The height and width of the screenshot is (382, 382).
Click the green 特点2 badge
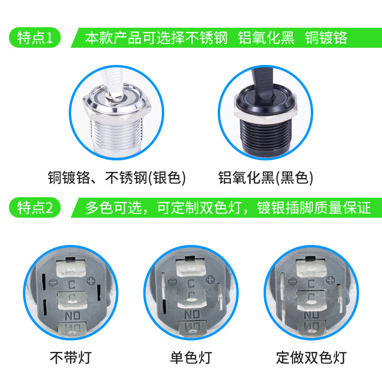pyautogui.click(x=34, y=208)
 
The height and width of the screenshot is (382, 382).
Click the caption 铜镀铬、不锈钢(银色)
pyautogui.click(x=117, y=178)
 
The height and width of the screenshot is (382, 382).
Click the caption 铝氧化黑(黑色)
pyautogui.click(x=266, y=178)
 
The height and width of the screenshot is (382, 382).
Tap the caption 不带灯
pyautogui.click(x=70, y=357)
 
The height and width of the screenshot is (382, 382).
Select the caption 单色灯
pyautogui.click(x=191, y=357)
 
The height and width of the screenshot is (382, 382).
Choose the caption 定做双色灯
pyautogui.click(x=311, y=357)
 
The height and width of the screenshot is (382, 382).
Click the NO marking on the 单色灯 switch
pyautogui.click(x=191, y=314)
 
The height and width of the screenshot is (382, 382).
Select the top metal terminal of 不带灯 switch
pyautogui.click(x=71, y=267)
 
